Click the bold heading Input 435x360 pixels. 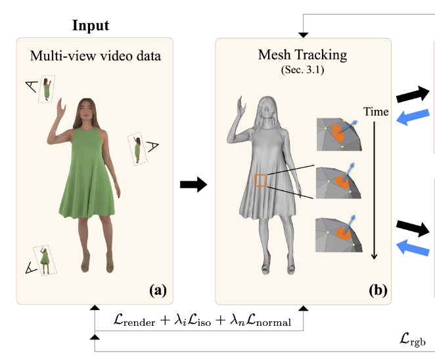(91, 26)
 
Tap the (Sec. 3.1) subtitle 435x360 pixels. (304, 68)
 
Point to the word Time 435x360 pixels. (377, 112)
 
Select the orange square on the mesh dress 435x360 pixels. (261, 181)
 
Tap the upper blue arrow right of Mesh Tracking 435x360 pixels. (411, 116)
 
